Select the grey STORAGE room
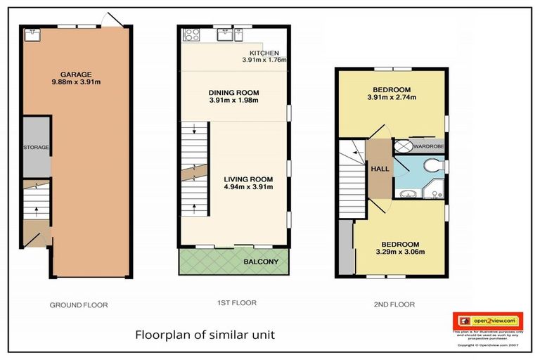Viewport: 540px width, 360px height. tap(36, 148)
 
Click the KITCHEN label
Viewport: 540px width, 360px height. tap(264, 53)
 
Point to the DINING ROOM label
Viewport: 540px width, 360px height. tap(234, 92)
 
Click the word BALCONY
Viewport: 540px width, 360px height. tap(261, 262)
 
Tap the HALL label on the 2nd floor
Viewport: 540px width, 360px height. tap(379, 169)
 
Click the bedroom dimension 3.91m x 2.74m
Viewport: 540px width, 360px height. tap(391, 98)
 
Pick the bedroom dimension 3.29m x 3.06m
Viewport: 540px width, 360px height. tap(399, 251)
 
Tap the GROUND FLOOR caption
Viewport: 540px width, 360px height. tap(78, 305)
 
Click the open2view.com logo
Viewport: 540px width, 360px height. tap(487, 320)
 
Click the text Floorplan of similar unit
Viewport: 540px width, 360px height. tap(205, 335)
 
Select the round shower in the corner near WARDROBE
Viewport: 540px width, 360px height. tap(403, 146)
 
